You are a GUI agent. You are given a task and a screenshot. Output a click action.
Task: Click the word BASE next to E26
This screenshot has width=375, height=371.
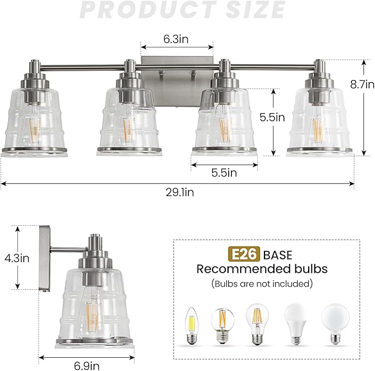(277, 255)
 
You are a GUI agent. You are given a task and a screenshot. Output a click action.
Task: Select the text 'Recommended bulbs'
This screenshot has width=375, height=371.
(262, 269)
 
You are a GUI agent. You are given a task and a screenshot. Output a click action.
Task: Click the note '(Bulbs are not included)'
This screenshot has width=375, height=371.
(262, 283)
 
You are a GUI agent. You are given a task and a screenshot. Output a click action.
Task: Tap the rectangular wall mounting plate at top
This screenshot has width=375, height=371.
(177, 68)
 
